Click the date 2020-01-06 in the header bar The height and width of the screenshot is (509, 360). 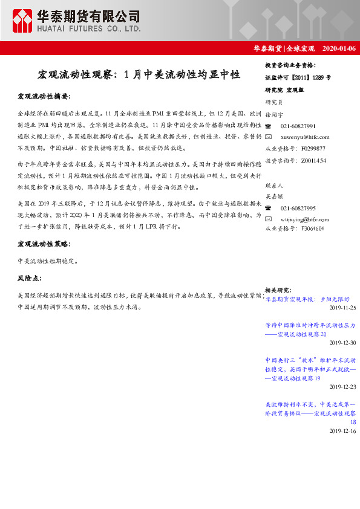point(339,49)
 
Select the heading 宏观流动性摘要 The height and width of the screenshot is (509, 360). point(44,96)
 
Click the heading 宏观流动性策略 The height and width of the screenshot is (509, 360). point(44,244)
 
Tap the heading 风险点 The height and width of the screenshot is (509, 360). point(30,278)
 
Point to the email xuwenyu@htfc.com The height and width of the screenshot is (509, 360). point(305,137)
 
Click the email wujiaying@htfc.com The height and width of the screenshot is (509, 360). point(306,218)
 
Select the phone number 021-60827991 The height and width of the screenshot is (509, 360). point(298,126)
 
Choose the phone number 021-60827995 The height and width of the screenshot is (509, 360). point(298,207)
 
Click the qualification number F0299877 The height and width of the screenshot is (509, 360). point(312,148)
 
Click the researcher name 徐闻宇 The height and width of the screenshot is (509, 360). point(275,114)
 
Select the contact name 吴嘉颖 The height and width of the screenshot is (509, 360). point(275,196)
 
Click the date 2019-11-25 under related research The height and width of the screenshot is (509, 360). point(342,308)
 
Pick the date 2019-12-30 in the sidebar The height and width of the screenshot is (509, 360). point(342,343)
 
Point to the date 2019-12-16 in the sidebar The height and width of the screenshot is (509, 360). point(342,431)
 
